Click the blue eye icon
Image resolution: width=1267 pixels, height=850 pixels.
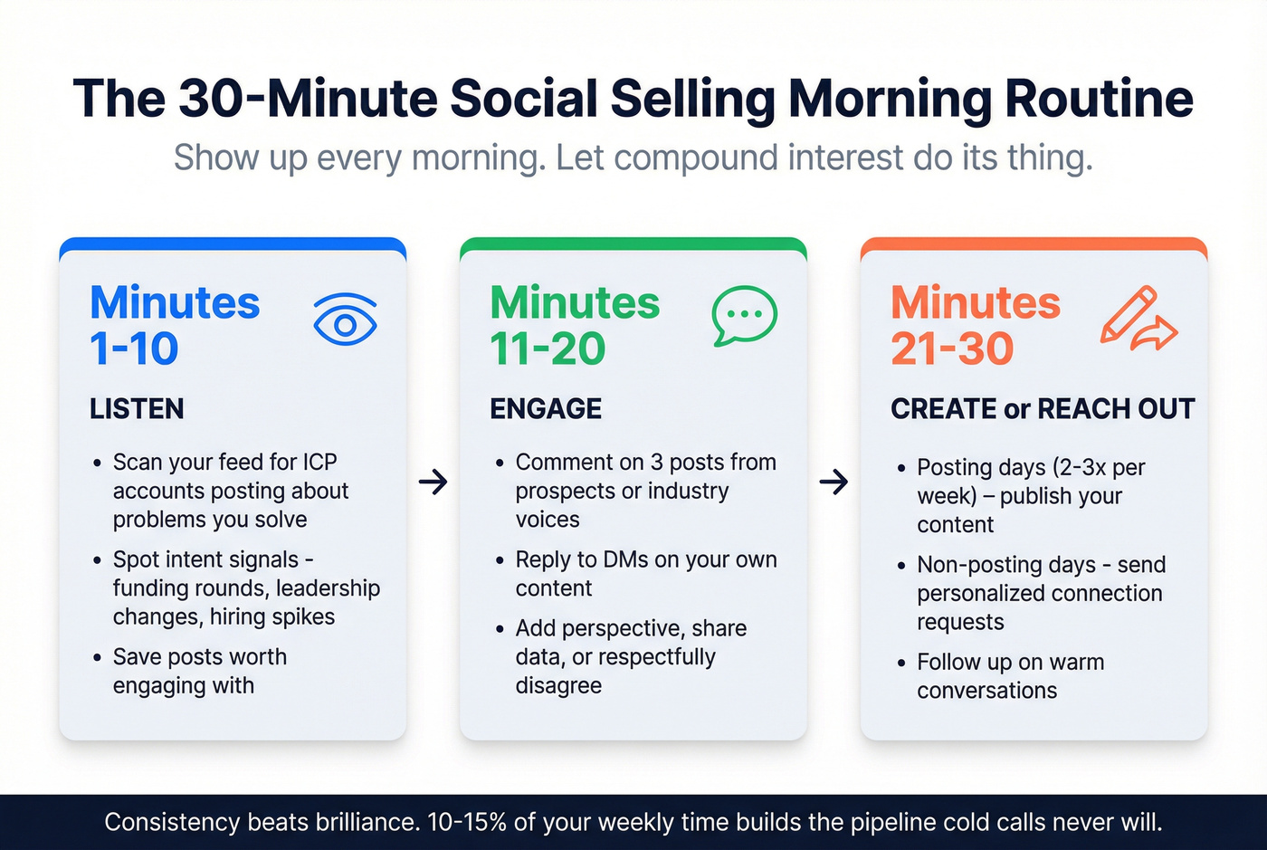tap(345, 320)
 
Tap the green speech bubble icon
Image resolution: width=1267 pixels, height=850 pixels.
tap(744, 316)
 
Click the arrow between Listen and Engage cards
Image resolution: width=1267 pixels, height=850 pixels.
tap(433, 482)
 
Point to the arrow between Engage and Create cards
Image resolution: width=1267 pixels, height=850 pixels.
tap(834, 482)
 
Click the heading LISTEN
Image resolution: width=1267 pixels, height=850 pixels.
tap(137, 409)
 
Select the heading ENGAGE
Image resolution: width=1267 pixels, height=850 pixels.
tap(546, 409)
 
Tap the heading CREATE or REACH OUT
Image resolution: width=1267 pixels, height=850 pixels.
tap(1043, 409)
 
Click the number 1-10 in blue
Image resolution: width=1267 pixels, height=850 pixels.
tap(134, 349)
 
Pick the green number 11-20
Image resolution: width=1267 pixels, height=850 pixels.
tap(548, 349)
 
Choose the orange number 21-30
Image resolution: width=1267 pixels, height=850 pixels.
tap(952, 349)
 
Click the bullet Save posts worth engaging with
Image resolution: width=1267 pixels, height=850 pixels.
tap(199, 671)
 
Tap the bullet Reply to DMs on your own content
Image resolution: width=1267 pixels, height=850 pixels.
tap(645, 574)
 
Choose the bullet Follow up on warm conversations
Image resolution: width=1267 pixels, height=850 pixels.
tap(1010, 676)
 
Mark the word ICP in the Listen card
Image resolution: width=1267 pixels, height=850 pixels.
tap(319, 463)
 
